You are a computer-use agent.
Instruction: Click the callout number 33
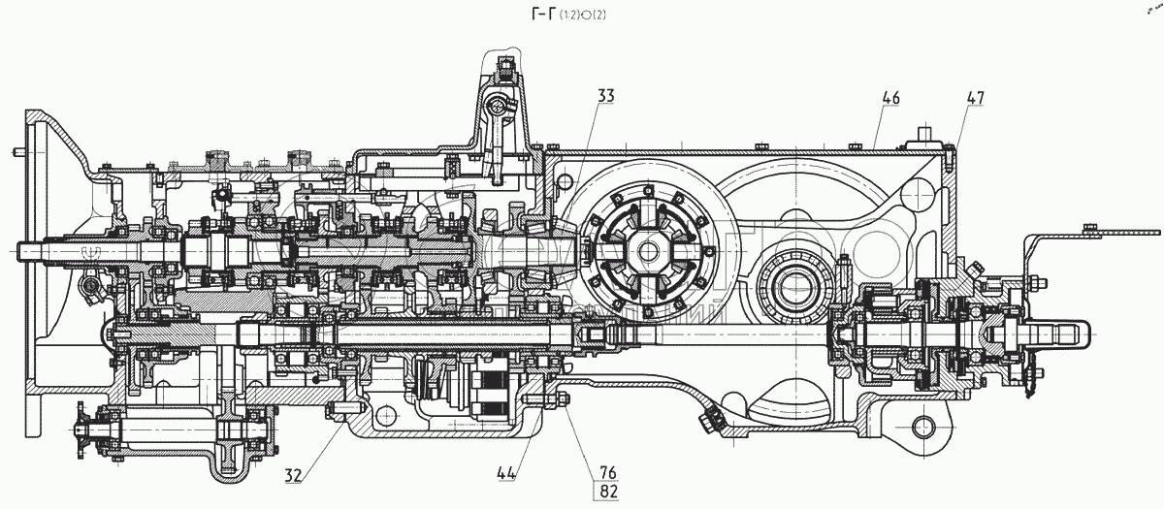coord(604,97)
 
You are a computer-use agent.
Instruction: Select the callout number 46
coord(891,98)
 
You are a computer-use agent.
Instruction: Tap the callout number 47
coord(975,98)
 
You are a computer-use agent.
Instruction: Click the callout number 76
coord(607,472)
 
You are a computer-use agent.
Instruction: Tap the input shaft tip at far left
coord(27,252)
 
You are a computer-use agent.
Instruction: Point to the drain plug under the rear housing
coord(707,420)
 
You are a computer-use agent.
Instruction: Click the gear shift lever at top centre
coord(497,107)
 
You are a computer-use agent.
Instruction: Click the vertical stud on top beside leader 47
coord(926,133)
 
